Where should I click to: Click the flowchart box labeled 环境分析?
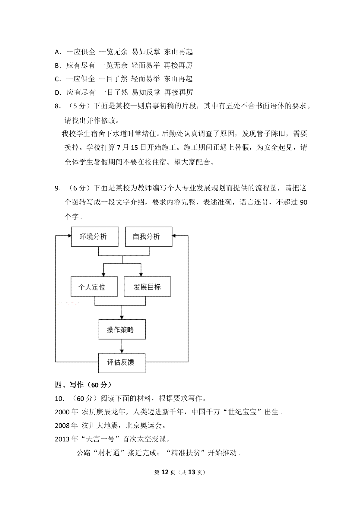click(x=95, y=237)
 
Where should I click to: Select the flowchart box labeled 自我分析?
click(x=149, y=237)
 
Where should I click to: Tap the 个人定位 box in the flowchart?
click(x=94, y=286)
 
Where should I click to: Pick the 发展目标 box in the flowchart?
click(x=147, y=286)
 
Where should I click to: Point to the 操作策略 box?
click(x=122, y=329)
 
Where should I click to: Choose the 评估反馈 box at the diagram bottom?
click(x=122, y=363)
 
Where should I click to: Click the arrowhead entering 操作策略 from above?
click(x=122, y=318)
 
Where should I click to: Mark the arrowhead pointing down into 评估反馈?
click(x=122, y=351)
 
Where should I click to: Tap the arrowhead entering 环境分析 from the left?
click(x=69, y=236)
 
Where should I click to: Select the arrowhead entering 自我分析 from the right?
click(x=174, y=236)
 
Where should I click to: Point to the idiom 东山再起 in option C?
click(x=178, y=79)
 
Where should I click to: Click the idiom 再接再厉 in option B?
click(x=178, y=65)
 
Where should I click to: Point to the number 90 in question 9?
click(x=303, y=202)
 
